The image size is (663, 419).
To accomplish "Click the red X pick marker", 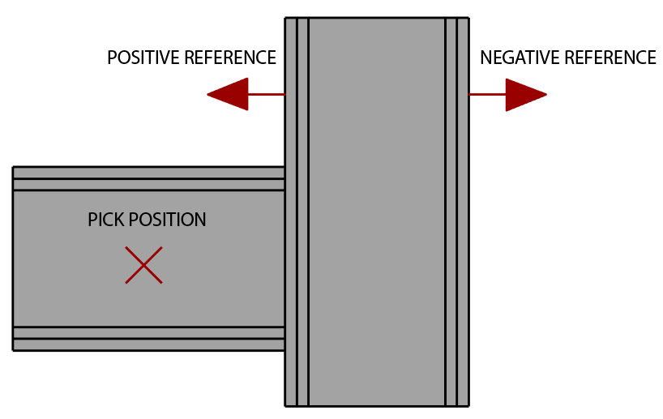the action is tap(143, 265).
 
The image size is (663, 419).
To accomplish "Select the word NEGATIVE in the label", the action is tap(520, 58).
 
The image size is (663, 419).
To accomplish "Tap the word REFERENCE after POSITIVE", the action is tap(230, 58).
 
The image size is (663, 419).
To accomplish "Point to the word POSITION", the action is tap(168, 220).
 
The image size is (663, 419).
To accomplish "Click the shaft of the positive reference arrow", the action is tap(267, 94).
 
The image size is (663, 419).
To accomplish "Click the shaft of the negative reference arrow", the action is tap(487, 94).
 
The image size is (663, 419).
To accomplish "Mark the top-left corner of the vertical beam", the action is tap(285, 18).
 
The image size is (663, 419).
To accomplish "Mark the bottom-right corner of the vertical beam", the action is tap(469, 406).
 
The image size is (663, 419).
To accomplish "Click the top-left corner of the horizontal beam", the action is tap(13, 167).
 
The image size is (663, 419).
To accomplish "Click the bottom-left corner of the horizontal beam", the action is tap(13, 350).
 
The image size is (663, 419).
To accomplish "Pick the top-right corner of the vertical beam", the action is tap(469, 18).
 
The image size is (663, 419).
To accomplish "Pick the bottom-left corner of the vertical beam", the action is tap(285, 406).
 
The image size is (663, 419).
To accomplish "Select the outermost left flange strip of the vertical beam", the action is tap(291, 212).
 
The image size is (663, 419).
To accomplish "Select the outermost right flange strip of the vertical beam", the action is tap(463, 212).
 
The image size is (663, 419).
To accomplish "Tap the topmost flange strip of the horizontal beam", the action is tap(149, 173).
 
